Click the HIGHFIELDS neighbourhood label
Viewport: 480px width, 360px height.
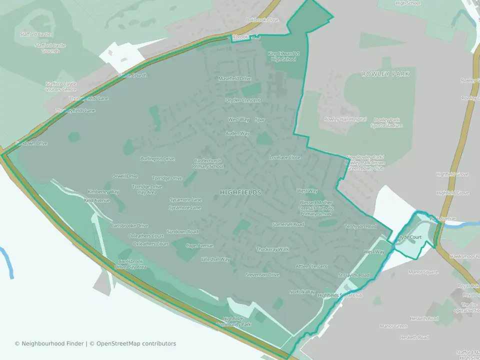pos(240,192)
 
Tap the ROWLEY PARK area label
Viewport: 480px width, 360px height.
pos(385,74)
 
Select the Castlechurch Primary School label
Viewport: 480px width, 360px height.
pos(208,163)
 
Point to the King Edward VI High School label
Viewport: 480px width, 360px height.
pos(283,56)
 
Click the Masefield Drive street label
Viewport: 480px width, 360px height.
pos(235,78)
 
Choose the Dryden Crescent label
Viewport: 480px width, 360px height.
pos(243,100)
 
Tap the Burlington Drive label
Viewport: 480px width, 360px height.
pos(157,158)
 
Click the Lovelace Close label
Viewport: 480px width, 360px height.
pos(285,157)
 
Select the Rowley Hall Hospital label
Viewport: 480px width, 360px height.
pos(345,119)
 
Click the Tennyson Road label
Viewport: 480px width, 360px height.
pos(360,226)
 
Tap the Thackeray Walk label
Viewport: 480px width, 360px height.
pos(272,249)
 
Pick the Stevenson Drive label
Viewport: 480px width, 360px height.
pos(262,275)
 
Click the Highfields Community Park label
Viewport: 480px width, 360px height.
pos(233,321)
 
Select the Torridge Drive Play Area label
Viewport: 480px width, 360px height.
pos(147,189)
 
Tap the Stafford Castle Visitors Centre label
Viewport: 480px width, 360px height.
pos(61,86)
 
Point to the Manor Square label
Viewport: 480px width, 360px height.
pos(423,272)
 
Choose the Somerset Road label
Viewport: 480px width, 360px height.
pos(288,224)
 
